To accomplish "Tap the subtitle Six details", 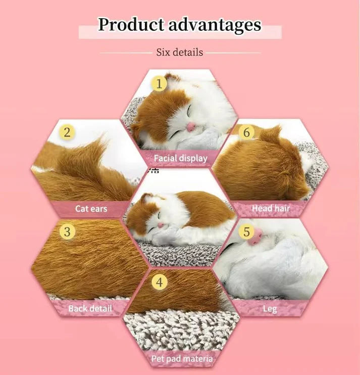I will click(179, 52).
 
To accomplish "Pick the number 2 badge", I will click(67, 133).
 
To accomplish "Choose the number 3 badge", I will click(67, 232).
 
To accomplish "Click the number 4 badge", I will click(160, 283).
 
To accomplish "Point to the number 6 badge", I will click(247, 133).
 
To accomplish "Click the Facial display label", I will click(180, 158).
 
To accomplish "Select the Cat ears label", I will click(91, 208).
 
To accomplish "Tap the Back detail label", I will click(90, 308).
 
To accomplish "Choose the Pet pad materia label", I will click(182, 359).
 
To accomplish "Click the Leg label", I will click(270, 308).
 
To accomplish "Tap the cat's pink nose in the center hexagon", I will click(161, 225).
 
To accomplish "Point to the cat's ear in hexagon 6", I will click(273, 133).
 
